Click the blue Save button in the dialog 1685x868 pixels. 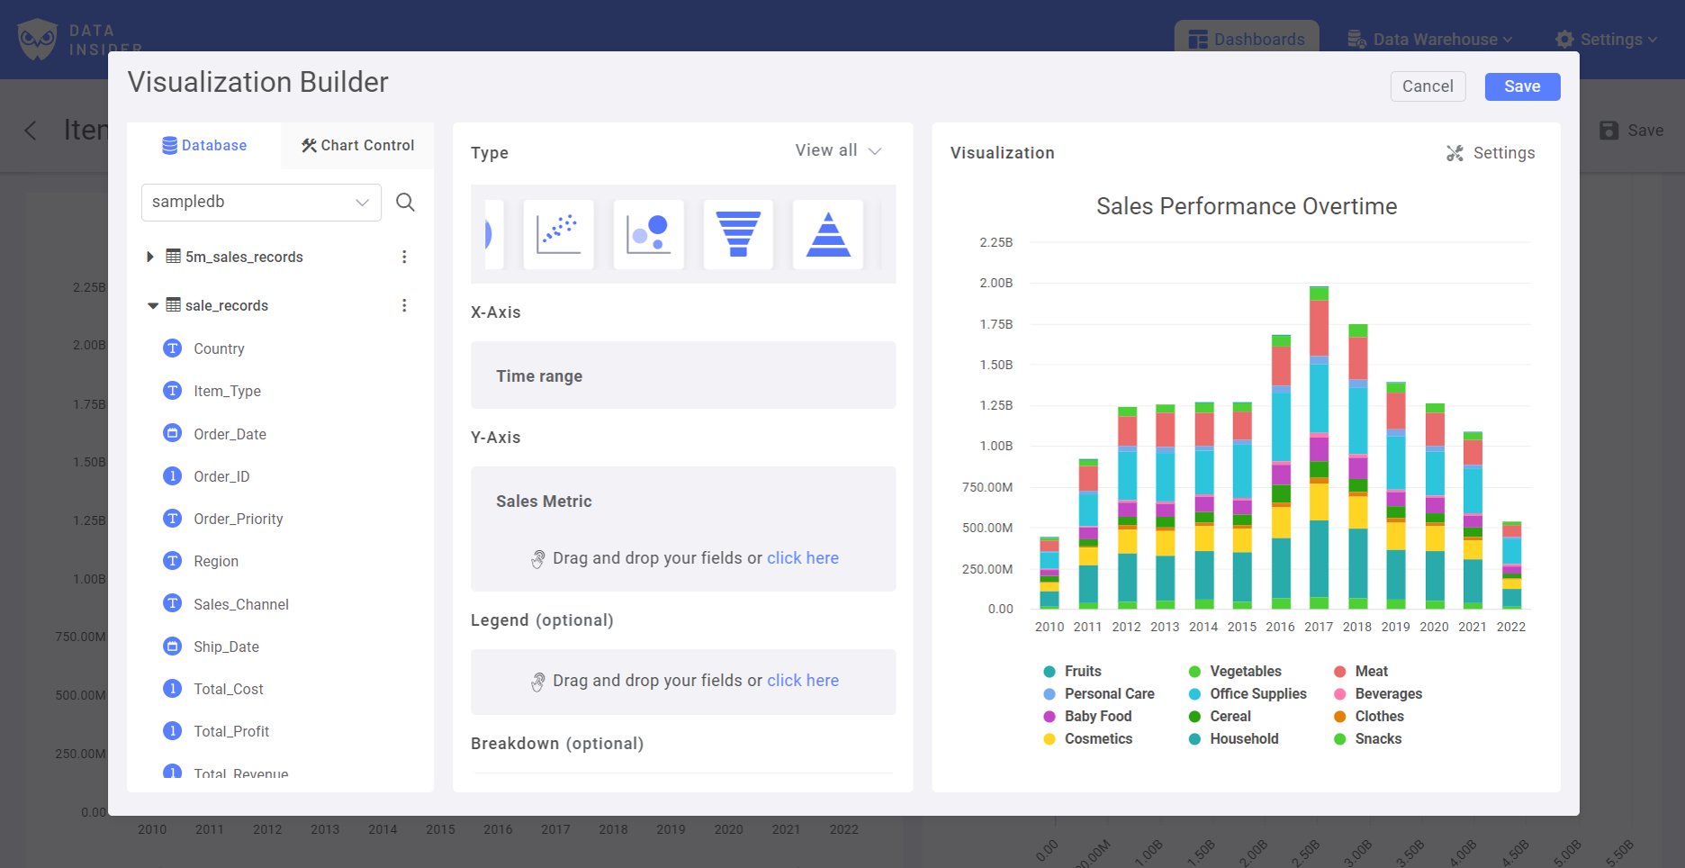coord(1521,86)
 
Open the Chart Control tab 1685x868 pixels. coord(357,145)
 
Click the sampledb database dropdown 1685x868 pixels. coord(261,202)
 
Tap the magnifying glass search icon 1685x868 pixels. coord(405,202)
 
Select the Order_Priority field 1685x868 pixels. coord(238,519)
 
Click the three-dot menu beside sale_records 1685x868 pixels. coord(404,305)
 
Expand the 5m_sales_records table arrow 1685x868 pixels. coord(150,257)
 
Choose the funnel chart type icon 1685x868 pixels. coord(737,234)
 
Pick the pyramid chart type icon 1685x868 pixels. coord(827,234)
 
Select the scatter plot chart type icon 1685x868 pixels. coord(558,234)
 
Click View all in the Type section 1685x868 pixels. coord(837,150)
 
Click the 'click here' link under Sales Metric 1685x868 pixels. coord(802,558)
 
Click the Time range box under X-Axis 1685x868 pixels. coord(682,375)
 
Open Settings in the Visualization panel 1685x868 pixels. coord(1491,153)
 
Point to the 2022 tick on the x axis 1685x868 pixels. coord(1510,627)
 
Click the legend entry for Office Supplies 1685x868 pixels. coord(1257,693)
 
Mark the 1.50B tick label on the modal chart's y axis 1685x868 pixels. coord(996,365)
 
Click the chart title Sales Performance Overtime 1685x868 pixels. coord(1246,206)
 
